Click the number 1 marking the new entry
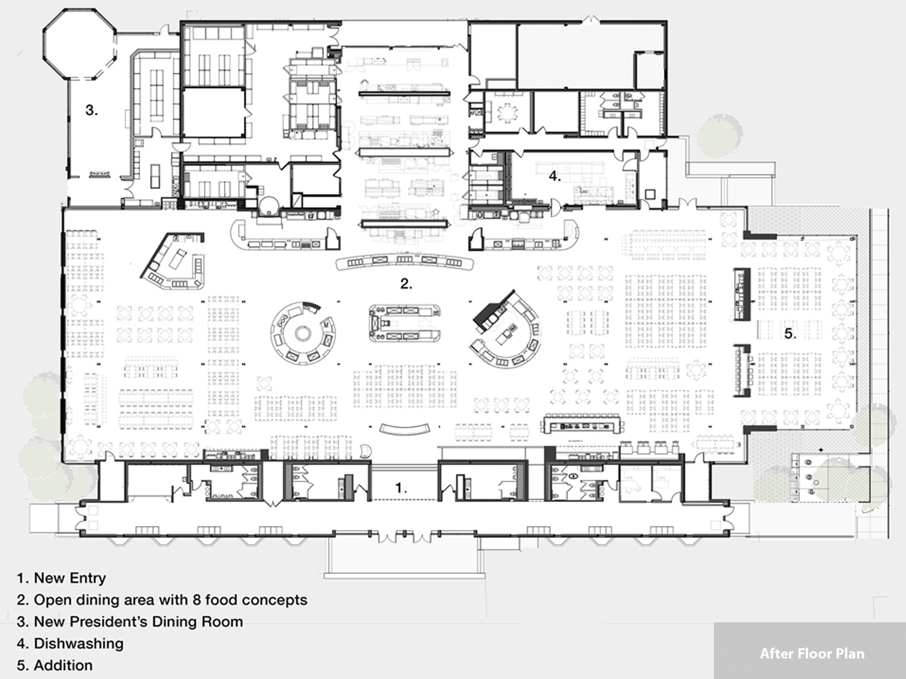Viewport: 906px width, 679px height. coord(400,488)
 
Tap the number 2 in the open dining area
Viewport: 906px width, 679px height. coord(406,284)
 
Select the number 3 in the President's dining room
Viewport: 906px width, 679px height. coord(92,110)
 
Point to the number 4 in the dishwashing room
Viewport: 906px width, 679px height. coord(554,176)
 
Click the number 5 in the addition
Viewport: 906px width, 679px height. coord(790,334)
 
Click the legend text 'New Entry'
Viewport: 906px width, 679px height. coord(69,578)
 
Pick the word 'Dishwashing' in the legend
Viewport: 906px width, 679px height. coord(79,643)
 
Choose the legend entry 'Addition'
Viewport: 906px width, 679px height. coord(63,665)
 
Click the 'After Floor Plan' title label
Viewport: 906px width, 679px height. coord(812,654)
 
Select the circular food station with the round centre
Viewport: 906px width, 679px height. coord(303,333)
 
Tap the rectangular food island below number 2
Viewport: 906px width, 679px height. coord(405,323)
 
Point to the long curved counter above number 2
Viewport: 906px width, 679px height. coord(405,261)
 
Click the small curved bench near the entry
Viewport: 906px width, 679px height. coord(405,430)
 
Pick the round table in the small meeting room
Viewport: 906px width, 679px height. coord(507,112)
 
